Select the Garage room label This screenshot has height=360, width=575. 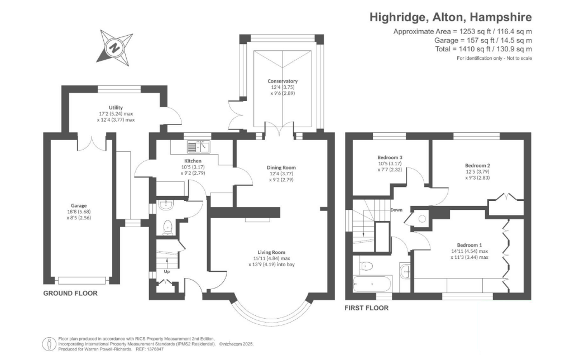pyautogui.click(x=78, y=205)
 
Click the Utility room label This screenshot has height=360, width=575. pyautogui.click(x=116, y=107)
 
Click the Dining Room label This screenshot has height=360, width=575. pyautogui.click(x=281, y=167)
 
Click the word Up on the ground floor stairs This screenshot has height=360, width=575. pyautogui.click(x=166, y=272)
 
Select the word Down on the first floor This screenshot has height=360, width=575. pyautogui.click(x=397, y=210)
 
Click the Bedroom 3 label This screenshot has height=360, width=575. pyautogui.click(x=390, y=157)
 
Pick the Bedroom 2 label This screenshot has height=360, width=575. pyautogui.click(x=477, y=165)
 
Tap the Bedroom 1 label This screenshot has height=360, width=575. pyautogui.click(x=469, y=245)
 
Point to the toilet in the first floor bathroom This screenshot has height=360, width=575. pyautogui.click(x=366, y=266)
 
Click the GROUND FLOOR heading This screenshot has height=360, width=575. pyautogui.click(x=70, y=293)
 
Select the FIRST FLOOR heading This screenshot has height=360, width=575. pyautogui.click(x=367, y=308)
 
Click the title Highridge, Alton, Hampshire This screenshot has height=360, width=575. pyautogui.click(x=451, y=17)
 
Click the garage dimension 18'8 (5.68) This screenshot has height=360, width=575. pyautogui.click(x=78, y=212)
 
